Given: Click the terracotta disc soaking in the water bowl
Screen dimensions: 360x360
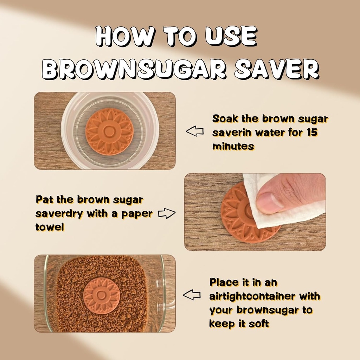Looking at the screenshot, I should tap(109, 131).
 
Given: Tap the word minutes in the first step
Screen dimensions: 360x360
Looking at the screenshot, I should tap(233, 146).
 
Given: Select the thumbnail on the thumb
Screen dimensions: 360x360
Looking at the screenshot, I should tap(268, 203).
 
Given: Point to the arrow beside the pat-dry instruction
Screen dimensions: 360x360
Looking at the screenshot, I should tap(167, 213).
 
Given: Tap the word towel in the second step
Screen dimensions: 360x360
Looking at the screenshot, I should tap(50, 227).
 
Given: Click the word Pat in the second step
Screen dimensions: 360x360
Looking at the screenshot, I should tap(45, 200).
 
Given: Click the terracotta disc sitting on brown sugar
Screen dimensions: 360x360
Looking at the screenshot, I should tap(102, 295).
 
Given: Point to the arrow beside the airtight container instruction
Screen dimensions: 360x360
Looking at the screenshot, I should tap(192, 295).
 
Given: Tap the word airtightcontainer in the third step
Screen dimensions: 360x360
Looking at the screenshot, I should tap(252, 296).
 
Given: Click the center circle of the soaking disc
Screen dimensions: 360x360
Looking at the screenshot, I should tap(109, 133).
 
